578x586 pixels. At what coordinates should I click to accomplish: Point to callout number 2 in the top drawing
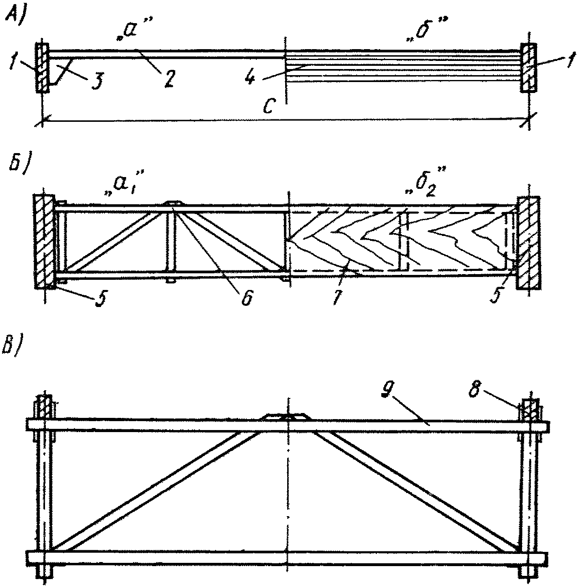pyautogui.click(x=168, y=78)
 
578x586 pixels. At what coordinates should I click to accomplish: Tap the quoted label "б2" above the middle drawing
pyautogui.click(x=423, y=187)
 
